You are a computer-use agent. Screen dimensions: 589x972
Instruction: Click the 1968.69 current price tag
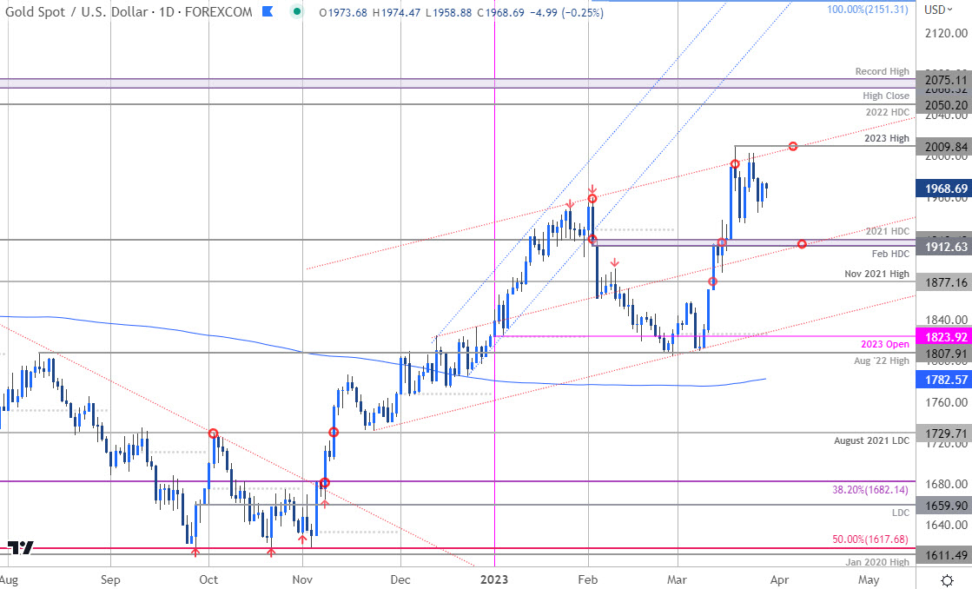point(946,188)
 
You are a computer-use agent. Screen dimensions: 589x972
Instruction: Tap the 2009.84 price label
point(946,146)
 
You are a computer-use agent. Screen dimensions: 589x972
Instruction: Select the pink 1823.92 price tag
point(946,337)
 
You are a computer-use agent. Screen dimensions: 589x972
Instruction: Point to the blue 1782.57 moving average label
point(946,380)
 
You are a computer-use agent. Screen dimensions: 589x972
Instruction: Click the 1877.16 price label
point(946,282)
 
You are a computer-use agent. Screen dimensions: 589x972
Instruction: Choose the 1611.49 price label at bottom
point(946,554)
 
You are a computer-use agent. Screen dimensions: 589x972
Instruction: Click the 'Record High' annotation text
point(882,72)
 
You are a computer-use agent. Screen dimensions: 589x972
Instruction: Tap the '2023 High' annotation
point(887,138)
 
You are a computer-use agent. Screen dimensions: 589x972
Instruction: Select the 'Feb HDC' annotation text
point(890,252)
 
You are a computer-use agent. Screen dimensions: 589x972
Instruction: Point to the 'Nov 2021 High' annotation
point(877,274)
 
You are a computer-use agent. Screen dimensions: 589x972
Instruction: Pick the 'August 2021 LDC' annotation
point(872,440)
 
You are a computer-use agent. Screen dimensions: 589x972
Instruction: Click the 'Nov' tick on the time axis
point(302,579)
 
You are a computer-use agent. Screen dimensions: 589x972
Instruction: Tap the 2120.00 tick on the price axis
point(946,33)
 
